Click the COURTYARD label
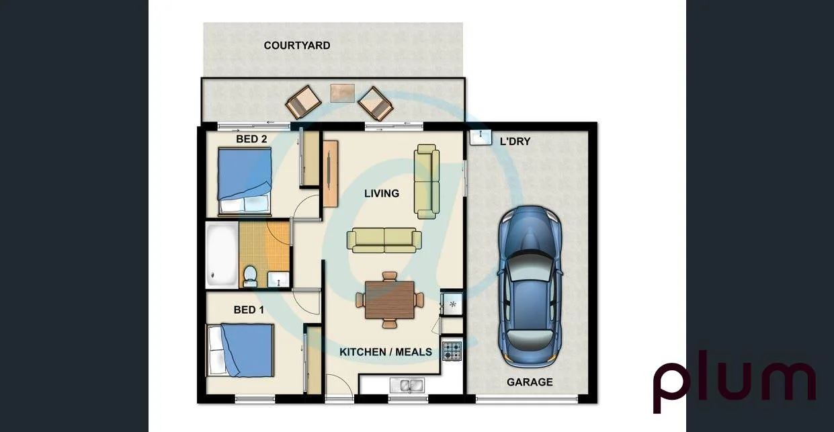pyautogui.click(x=296, y=46)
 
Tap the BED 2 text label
pyautogui.click(x=251, y=139)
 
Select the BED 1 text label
pyautogui.click(x=249, y=310)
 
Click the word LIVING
pyautogui.click(x=381, y=193)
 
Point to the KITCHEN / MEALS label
pyautogui.click(x=385, y=352)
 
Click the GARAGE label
pyautogui.click(x=530, y=382)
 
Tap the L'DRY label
pyautogui.click(x=515, y=142)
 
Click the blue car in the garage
pyautogui.click(x=530, y=287)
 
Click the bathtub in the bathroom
pyautogui.click(x=222, y=255)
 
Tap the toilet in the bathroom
pyautogui.click(x=250, y=275)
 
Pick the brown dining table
pyautogui.click(x=390, y=300)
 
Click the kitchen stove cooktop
pyautogui.click(x=452, y=351)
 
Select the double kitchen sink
pyautogui.click(x=407, y=386)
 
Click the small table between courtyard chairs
pyautogui.click(x=343, y=93)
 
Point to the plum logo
pyautogui.click(x=734, y=384)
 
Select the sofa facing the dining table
pyautogui.click(x=384, y=240)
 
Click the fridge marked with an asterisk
pyautogui.click(x=452, y=304)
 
